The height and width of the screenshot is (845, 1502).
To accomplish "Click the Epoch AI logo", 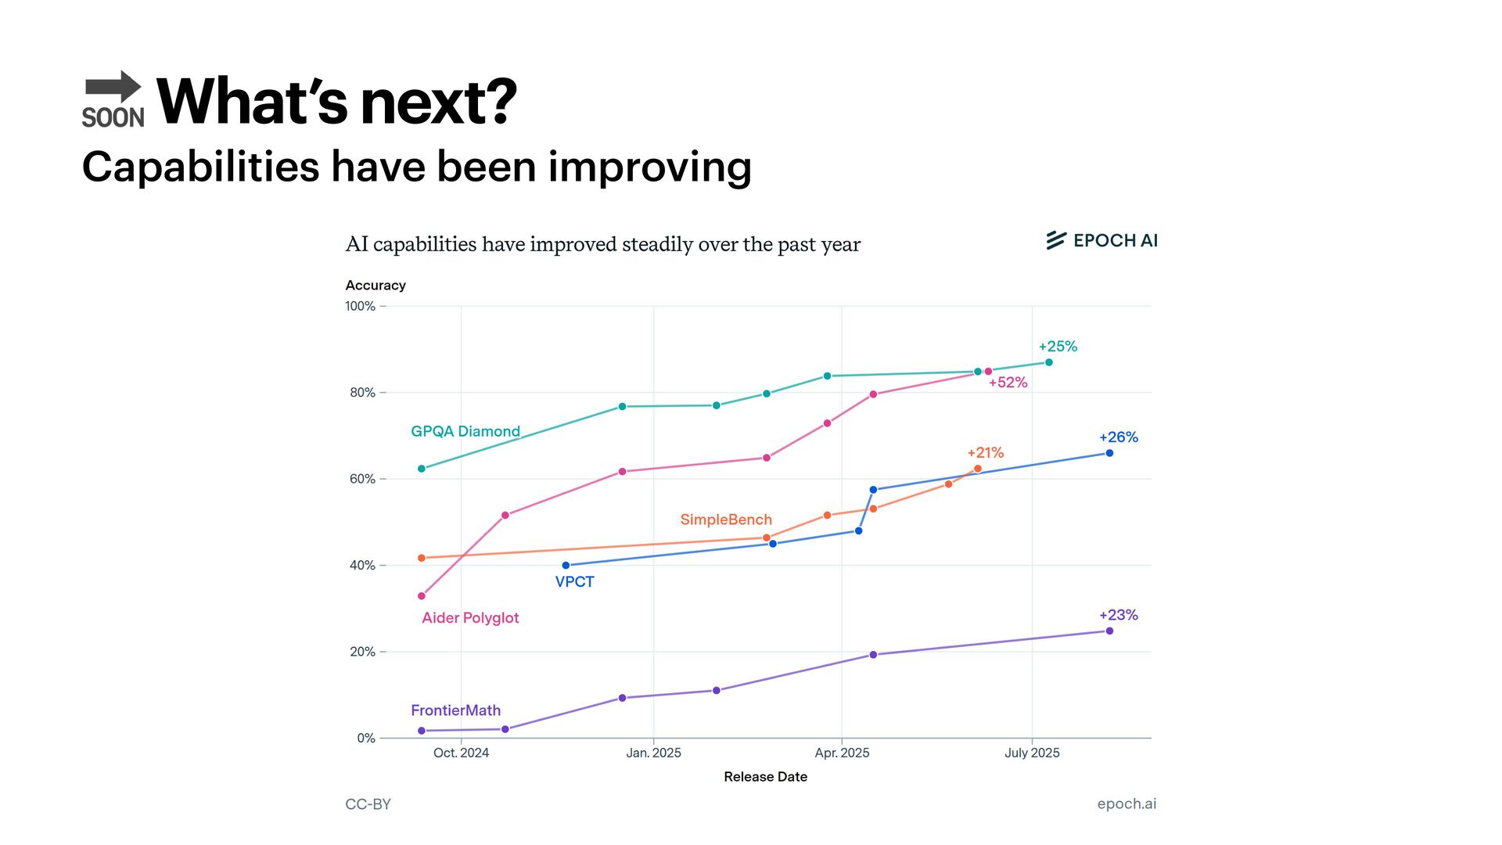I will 1101,240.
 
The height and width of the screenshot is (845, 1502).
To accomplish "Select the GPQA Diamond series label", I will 465,431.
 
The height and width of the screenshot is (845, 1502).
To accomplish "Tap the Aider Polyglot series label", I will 470,617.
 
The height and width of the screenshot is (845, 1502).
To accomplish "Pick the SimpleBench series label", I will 725,520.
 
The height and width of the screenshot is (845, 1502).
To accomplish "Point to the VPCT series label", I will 574,581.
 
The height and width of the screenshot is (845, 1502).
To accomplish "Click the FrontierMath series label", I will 455,710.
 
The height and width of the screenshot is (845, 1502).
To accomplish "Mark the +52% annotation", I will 1008,383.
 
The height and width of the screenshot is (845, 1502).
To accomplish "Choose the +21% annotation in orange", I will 985,452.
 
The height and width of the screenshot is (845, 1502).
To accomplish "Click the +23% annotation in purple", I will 1118,615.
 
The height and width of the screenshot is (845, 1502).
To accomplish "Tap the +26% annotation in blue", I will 1118,437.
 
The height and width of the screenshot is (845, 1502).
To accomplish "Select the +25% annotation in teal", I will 1058,346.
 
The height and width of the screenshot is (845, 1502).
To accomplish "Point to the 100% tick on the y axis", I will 361,306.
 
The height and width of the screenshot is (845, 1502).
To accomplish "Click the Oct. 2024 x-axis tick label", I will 461,753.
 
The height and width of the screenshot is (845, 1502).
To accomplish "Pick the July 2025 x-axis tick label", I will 1032,753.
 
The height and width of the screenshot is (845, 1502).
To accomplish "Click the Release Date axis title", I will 765,777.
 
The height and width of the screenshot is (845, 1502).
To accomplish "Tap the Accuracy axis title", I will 375,286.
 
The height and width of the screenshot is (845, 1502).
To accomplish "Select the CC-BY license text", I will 368,804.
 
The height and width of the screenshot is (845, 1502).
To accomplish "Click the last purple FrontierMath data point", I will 1109,631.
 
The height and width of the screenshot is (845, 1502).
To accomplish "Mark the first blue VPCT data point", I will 566,565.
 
